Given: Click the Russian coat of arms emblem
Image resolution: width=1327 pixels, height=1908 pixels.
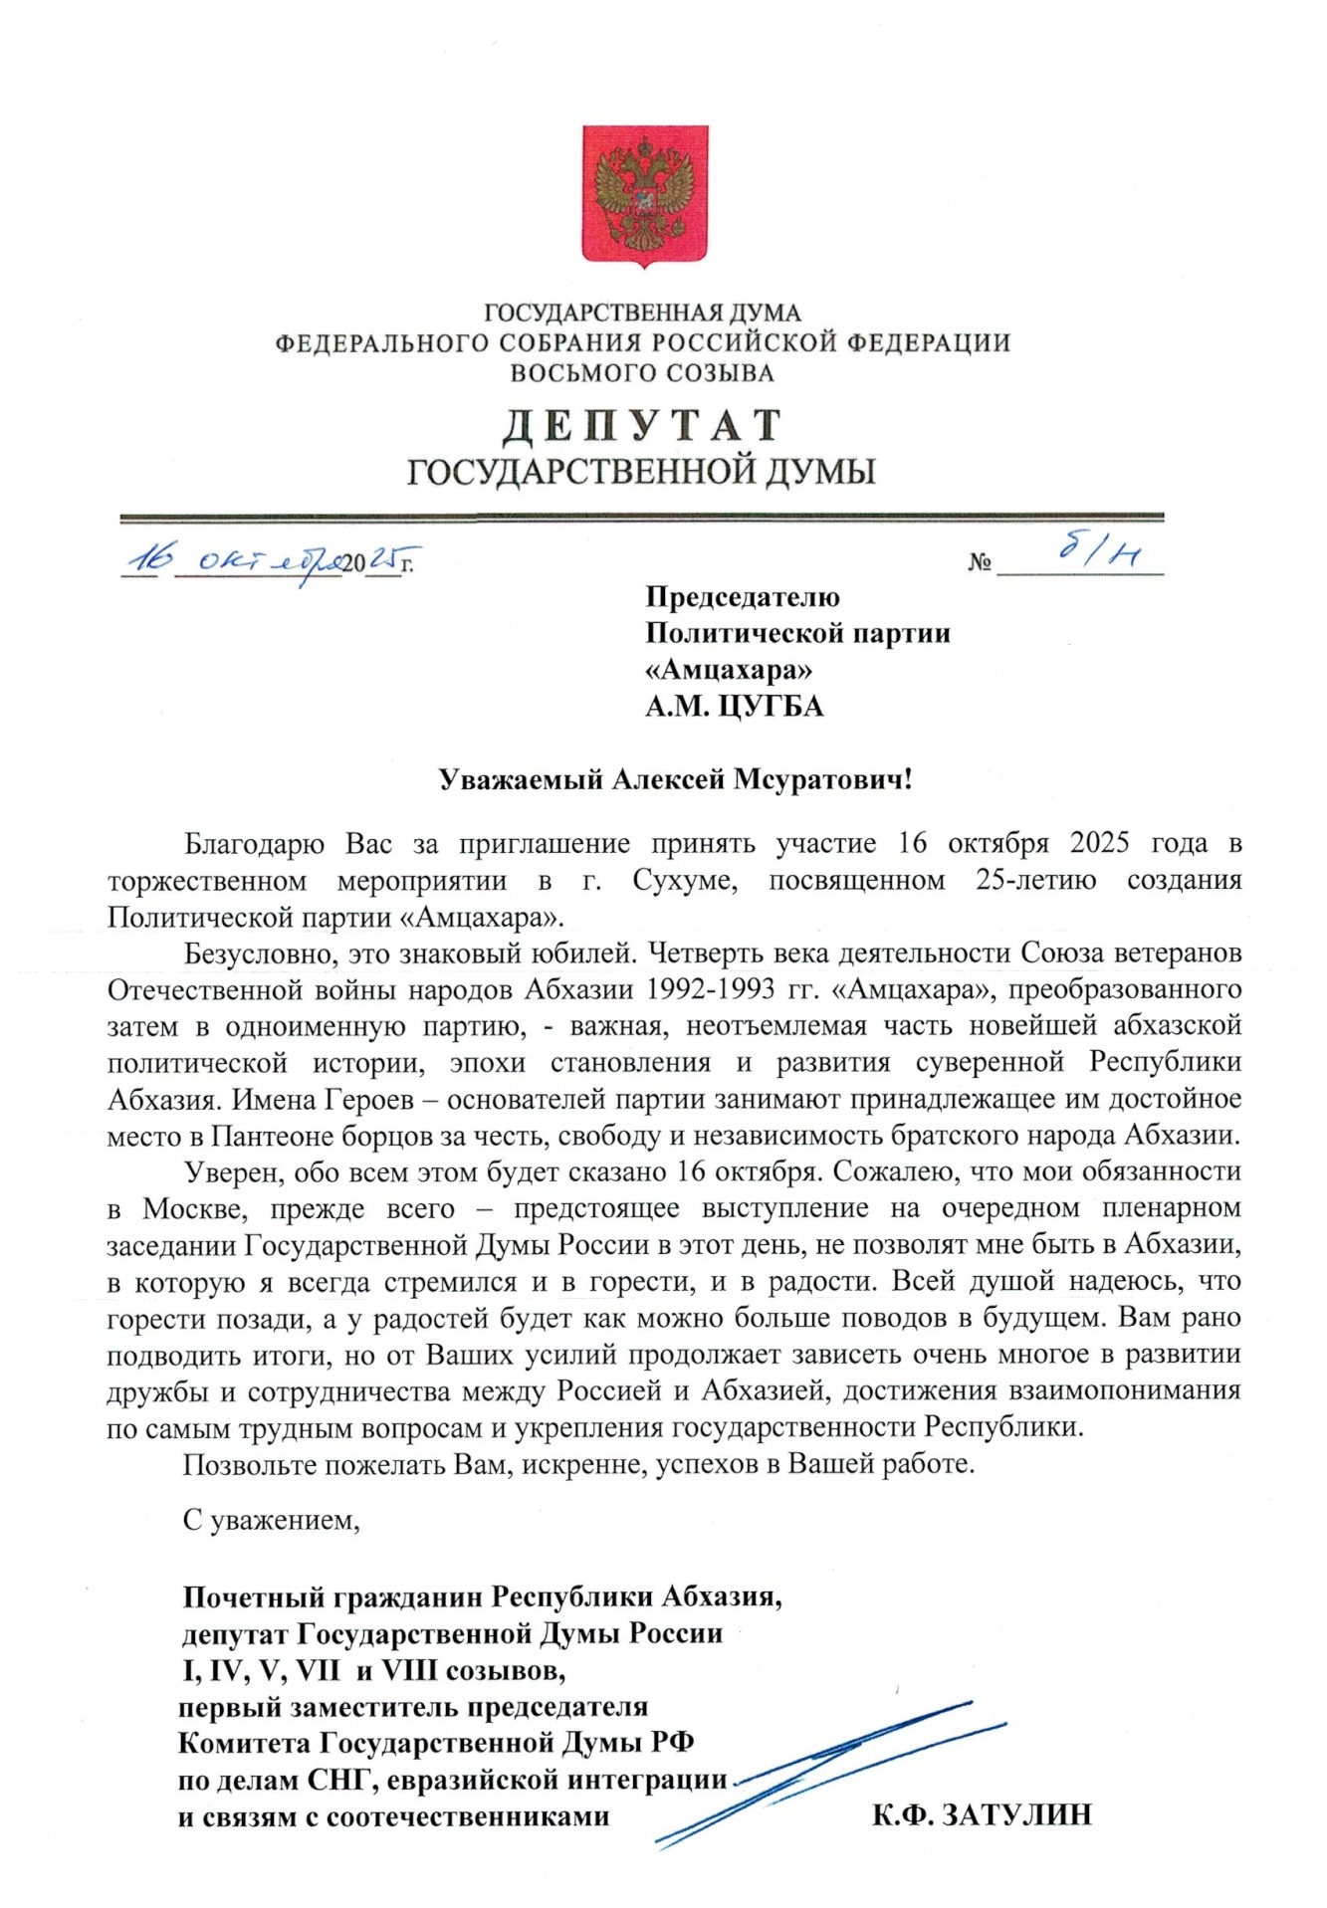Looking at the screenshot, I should tap(645, 194).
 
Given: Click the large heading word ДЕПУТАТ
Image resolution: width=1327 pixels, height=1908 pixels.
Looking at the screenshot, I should tap(642, 425).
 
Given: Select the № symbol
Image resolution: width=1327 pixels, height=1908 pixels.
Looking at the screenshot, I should tap(980, 563).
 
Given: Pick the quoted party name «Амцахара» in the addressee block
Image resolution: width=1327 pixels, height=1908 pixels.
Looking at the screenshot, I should tap(729, 670).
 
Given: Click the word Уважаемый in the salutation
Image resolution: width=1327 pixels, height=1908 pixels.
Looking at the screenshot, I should tap(521, 779).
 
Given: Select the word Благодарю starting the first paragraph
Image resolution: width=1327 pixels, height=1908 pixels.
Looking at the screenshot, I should tap(255, 844).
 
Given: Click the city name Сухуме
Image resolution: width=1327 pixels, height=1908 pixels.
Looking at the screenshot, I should tap(684, 881).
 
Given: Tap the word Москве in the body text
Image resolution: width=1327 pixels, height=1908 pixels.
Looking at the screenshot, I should tap(190, 1209).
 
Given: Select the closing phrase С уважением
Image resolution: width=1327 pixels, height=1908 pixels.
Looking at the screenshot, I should tap(271, 1520).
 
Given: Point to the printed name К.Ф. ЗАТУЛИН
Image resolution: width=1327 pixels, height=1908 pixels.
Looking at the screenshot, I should tap(982, 1814).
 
